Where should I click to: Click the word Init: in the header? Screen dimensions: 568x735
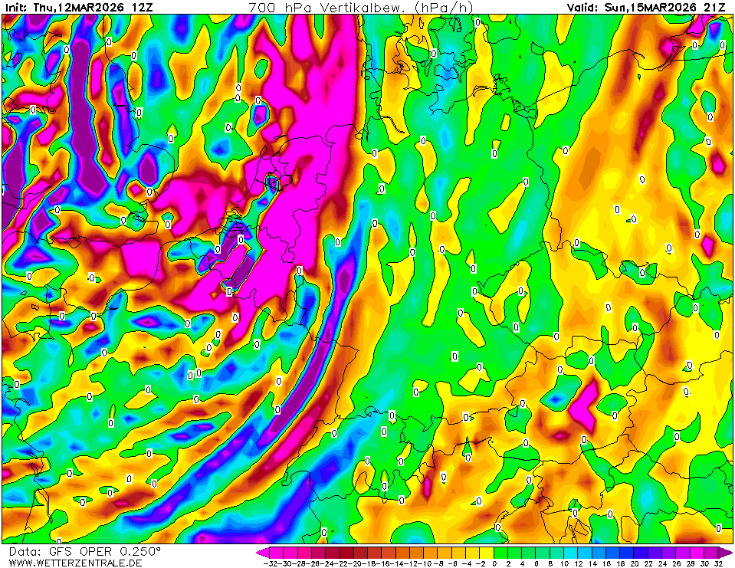(15, 7)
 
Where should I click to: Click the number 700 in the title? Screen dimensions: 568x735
(262, 7)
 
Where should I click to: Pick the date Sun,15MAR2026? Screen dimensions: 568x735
(651, 7)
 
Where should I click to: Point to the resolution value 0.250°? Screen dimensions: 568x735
(139, 552)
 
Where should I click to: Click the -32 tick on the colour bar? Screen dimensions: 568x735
(269, 563)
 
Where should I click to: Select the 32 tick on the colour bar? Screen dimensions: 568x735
(719, 563)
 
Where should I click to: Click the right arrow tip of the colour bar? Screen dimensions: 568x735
(731, 552)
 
